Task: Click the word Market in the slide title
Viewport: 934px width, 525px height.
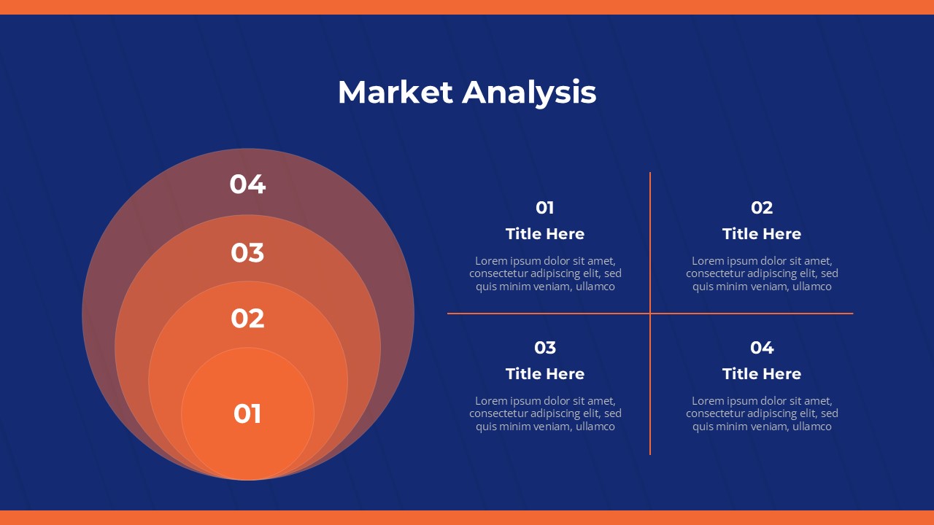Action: pyautogui.click(x=395, y=92)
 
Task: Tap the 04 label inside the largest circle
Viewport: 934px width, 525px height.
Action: pyautogui.click(x=247, y=184)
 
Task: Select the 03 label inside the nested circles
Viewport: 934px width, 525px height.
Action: pyautogui.click(x=247, y=252)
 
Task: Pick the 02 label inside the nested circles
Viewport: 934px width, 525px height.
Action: pyautogui.click(x=247, y=319)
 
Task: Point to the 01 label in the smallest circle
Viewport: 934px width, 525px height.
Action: pyautogui.click(x=247, y=413)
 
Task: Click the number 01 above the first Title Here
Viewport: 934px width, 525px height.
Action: pyautogui.click(x=545, y=208)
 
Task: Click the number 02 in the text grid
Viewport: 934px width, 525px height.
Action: pyautogui.click(x=762, y=208)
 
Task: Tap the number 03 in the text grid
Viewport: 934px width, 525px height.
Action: pyautogui.click(x=545, y=348)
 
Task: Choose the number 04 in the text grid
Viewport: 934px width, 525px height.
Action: pyautogui.click(x=762, y=348)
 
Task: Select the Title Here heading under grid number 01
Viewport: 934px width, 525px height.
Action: pyautogui.click(x=545, y=234)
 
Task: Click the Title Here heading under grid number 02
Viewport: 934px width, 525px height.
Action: pyautogui.click(x=762, y=234)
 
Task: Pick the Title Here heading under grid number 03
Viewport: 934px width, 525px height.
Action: pyautogui.click(x=545, y=374)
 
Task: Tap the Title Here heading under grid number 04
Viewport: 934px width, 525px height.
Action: pyautogui.click(x=762, y=374)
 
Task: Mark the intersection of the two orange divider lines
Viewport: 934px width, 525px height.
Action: pyautogui.click(x=650, y=314)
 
